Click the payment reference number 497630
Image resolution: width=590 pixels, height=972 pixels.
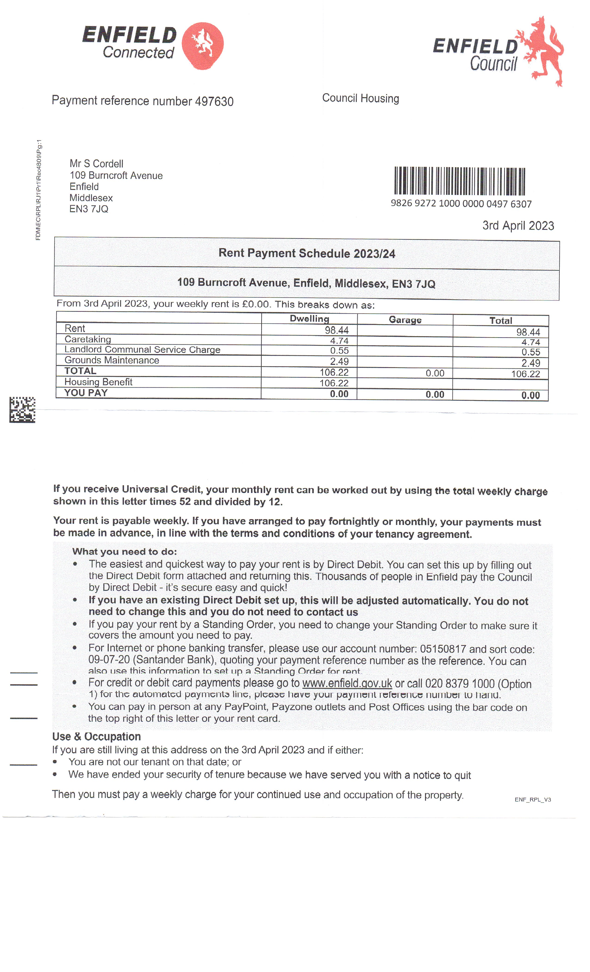pos(214,101)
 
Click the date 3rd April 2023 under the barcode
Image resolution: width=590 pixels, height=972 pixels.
pos(518,226)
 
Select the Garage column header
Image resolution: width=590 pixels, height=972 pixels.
pos(405,320)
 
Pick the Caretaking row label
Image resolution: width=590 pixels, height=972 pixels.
pos(87,339)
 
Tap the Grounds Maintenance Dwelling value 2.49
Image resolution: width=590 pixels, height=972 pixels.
pos(339,361)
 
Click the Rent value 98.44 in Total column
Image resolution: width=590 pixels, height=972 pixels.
pos(528,332)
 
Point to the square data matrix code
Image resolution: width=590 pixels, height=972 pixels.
pos(22,410)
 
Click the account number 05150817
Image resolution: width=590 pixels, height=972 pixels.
pos(442,649)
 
